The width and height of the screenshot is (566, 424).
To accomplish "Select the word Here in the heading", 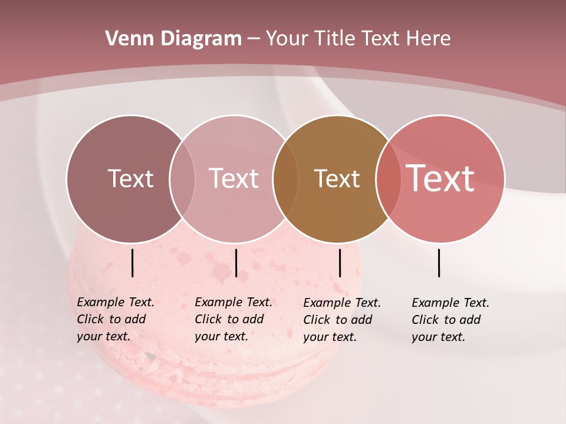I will tap(428, 39).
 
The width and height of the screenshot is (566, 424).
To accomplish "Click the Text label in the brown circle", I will tap(337, 178).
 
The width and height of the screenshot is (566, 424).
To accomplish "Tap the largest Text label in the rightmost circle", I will tap(440, 178).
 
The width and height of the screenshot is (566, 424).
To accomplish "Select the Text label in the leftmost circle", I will tap(130, 178).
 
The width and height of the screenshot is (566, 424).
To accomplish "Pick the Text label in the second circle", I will tap(233, 178).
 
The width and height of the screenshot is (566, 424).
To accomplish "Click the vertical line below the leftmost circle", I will tap(132, 263).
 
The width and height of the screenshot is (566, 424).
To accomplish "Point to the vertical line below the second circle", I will tap(236, 263).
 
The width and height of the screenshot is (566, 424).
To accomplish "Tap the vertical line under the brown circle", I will tap(340, 263).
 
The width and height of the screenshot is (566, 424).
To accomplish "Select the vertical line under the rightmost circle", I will tap(439, 263).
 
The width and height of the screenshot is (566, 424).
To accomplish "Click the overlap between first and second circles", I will tap(182, 178).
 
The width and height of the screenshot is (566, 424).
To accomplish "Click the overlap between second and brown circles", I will tap(285, 178).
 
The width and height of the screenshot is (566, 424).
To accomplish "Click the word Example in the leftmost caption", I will tap(101, 302).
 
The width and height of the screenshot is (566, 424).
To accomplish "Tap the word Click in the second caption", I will tap(208, 319).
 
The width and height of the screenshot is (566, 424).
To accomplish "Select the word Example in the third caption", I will tap(327, 303).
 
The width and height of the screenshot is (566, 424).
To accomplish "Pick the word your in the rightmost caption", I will tap(423, 337).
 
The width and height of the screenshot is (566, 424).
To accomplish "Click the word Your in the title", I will tap(287, 39).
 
